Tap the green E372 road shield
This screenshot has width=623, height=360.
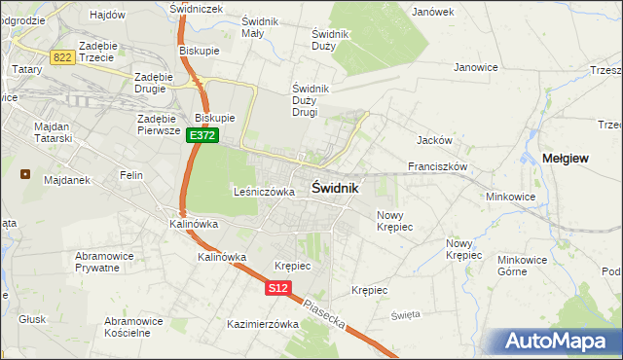click(x=202, y=136)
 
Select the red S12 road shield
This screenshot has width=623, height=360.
click(x=278, y=288)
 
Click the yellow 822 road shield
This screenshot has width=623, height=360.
click(x=63, y=57)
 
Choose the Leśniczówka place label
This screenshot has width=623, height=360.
click(x=264, y=192)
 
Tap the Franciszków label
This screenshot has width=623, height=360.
click(x=439, y=166)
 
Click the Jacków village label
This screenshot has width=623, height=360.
click(x=431, y=139)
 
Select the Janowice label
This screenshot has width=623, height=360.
click(x=476, y=67)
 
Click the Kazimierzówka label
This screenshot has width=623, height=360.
click(x=262, y=324)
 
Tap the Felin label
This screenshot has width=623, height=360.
click(x=131, y=175)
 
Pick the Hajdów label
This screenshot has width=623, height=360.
click(x=107, y=15)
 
